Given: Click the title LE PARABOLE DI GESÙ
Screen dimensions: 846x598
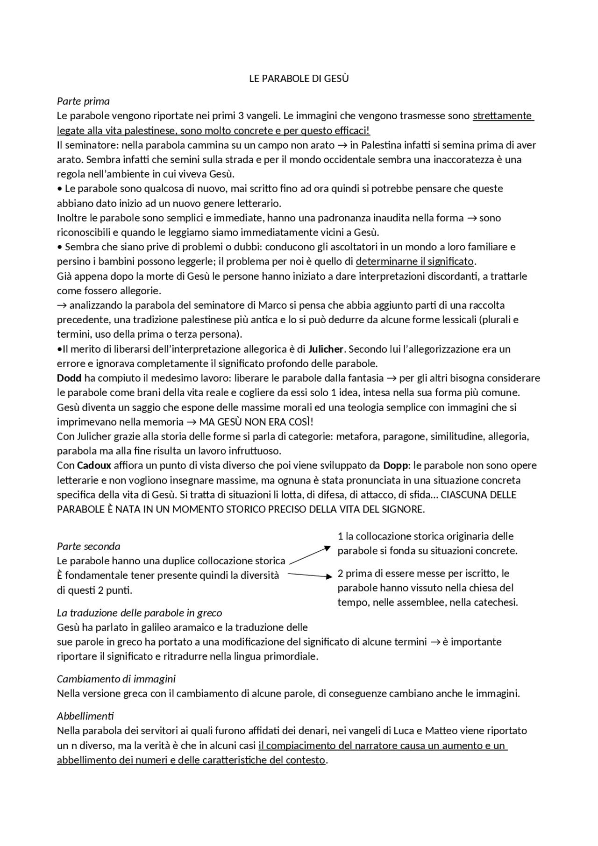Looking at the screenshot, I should [x=299, y=78].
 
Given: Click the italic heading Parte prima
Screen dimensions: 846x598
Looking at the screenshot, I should [x=83, y=101].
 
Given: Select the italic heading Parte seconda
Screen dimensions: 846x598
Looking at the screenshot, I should [x=88, y=546].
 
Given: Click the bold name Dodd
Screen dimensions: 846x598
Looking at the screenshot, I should [x=69, y=378].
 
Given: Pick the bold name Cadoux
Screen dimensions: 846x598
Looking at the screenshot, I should [x=94, y=465].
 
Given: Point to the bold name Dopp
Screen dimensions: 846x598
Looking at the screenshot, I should [x=395, y=465].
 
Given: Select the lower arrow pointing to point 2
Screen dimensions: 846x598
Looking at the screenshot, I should [x=309, y=575].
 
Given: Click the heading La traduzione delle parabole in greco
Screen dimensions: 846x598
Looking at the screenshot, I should [x=139, y=612].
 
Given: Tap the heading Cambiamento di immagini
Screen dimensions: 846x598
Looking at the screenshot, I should [x=116, y=678].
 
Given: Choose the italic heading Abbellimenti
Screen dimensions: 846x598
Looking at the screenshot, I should [x=85, y=716].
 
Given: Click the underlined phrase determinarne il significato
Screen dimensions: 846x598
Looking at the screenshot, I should [x=415, y=261].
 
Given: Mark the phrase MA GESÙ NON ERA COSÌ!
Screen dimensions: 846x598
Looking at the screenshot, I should [x=256, y=422].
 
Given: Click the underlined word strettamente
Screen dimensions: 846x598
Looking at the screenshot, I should [x=502, y=115].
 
